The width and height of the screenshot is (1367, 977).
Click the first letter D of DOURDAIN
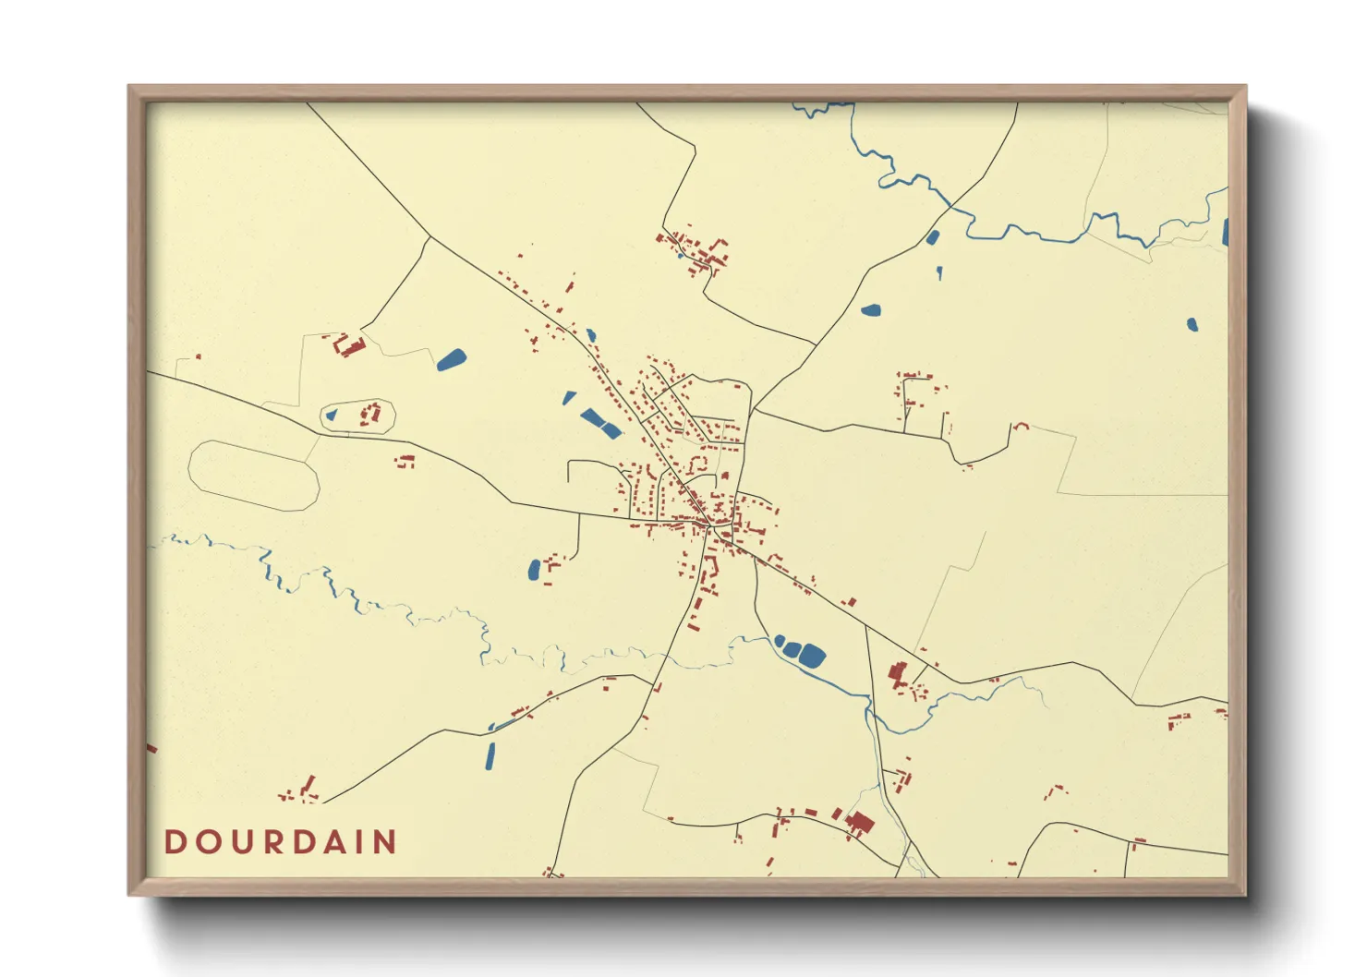click(175, 842)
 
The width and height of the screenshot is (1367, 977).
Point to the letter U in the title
click(242, 842)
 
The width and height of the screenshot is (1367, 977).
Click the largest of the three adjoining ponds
click(811, 656)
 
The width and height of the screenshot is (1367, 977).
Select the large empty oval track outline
click(253, 476)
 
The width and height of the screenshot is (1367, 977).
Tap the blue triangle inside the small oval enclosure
click(332, 416)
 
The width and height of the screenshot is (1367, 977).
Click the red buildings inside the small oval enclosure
click(371, 413)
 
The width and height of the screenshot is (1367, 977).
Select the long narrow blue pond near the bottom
click(490, 755)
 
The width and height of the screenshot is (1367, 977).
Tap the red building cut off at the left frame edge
click(151, 748)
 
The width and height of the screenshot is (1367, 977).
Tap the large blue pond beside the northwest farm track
click(452, 359)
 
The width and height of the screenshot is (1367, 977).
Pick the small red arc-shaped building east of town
click(1021, 426)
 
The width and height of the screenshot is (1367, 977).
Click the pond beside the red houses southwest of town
click(534, 570)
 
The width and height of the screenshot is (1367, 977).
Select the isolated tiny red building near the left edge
click(198, 356)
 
